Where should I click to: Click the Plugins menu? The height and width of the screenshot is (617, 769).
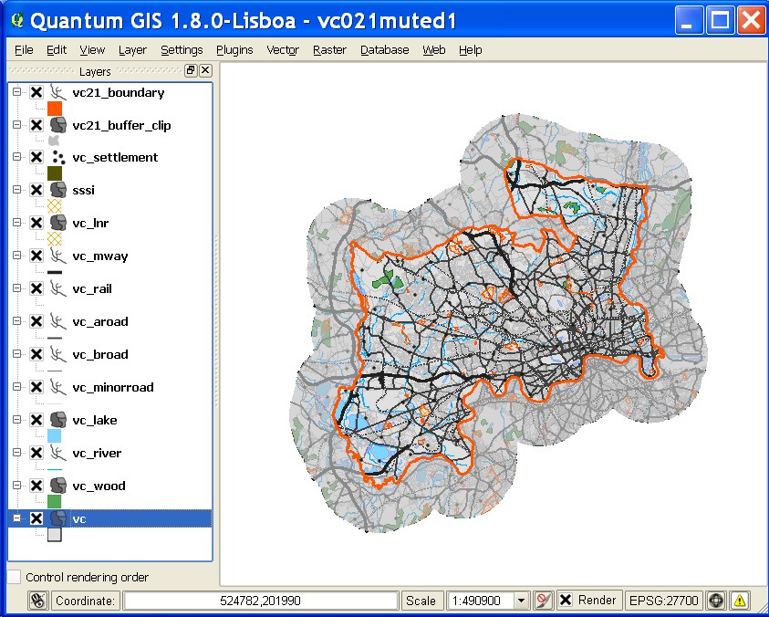click(234, 50)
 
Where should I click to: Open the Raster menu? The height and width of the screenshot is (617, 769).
click(329, 50)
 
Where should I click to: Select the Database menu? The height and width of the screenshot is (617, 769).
click(384, 50)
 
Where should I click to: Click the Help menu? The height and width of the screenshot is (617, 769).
click(470, 50)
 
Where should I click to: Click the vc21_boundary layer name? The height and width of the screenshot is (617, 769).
click(119, 92)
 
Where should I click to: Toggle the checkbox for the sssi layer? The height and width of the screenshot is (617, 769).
click(36, 190)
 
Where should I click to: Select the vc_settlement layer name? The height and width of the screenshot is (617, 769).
click(115, 157)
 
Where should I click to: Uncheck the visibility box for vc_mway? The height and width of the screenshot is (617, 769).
click(36, 256)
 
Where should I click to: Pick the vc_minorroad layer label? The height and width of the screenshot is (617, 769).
click(113, 387)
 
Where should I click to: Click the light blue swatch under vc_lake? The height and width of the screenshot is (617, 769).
click(55, 436)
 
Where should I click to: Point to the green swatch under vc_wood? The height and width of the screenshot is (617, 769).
click(55, 502)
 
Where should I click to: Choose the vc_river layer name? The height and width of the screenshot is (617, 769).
click(97, 453)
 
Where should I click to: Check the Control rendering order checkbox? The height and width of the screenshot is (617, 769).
click(14, 577)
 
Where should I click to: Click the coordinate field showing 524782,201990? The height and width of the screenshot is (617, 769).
click(261, 601)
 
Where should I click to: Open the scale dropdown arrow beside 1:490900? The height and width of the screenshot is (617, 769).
click(522, 601)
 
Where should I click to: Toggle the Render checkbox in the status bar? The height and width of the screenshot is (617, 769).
click(566, 601)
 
